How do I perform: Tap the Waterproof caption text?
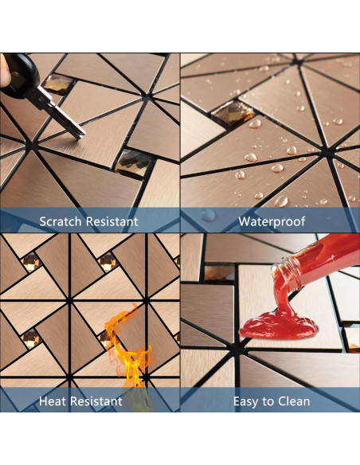272,221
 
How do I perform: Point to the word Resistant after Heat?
96,401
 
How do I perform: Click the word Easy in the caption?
247,401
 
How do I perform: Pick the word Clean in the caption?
292,401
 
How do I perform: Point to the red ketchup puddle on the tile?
271,324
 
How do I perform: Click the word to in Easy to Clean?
268,401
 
